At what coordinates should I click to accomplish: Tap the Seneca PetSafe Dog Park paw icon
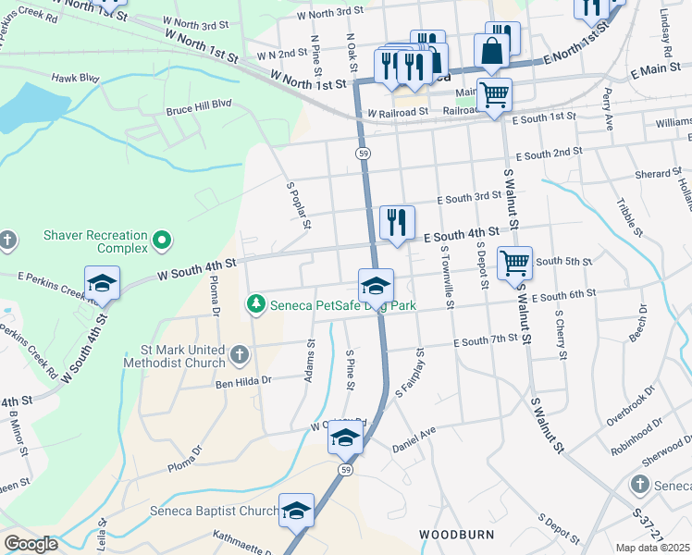254,304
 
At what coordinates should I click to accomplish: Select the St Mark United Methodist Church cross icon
240,355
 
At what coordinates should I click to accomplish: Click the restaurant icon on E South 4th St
397,222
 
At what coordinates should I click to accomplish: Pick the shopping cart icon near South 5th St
514,262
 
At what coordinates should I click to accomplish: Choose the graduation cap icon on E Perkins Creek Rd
102,283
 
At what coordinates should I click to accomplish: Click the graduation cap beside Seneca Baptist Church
296,511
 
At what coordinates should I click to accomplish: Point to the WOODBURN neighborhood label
453,535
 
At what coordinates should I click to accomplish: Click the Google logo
31,544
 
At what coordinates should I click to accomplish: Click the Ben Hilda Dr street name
243,380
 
